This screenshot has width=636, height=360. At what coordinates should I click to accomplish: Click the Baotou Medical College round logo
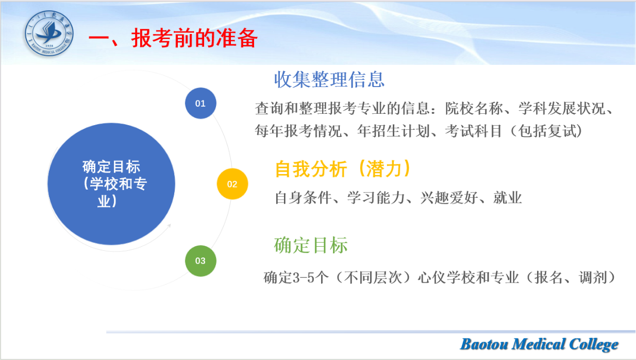pyautogui.click(x=49, y=33)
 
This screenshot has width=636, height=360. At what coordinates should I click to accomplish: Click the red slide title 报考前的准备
pyautogui.click(x=194, y=38)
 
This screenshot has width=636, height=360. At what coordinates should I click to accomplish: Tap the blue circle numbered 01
pyautogui.click(x=200, y=104)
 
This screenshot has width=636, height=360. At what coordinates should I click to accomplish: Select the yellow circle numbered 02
pyautogui.click(x=232, y=184)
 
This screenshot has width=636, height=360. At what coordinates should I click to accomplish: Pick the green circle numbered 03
pyautogui.click(x=200, y=261)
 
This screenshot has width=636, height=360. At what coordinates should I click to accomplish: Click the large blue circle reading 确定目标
pyautogui.click(x=111, y=184)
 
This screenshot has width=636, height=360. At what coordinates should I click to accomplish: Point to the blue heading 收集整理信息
pyautogui.click(x=329, y=79)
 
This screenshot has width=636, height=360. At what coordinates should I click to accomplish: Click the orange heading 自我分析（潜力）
pyautogui.click(x=343, y=169)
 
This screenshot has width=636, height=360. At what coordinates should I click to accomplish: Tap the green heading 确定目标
pyautogui.click(x=311, y=245)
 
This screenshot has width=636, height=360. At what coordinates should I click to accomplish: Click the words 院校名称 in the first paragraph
pyautogui.click(x=474, y=108)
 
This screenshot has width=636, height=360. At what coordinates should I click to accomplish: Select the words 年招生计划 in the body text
pyautogui.click(x=393, y=131)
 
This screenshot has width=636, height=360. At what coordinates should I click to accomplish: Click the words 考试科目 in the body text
pyautogui.click(x=473, y=131)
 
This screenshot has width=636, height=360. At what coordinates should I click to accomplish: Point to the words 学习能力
pyautogui.click(x=376, y=198)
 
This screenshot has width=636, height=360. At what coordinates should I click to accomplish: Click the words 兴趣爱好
pyautogui.click(x=449, y=198)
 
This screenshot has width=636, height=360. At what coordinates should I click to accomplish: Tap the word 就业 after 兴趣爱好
pyautogui.click(x=507, y=198)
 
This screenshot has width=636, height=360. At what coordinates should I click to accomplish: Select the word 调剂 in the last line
pyautogui.click(x=593, y=278)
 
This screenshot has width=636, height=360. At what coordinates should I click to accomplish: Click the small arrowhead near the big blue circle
pyautogui.click(x=169, y=226)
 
